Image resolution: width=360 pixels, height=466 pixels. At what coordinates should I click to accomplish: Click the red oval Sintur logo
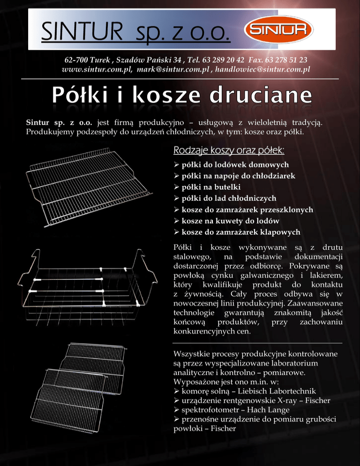277,30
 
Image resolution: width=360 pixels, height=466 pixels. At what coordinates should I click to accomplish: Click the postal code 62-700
75,60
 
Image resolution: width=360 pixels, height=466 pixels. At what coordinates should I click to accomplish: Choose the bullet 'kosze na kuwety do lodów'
230,221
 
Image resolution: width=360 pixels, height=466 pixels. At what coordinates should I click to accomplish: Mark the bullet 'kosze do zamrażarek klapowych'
241,232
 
